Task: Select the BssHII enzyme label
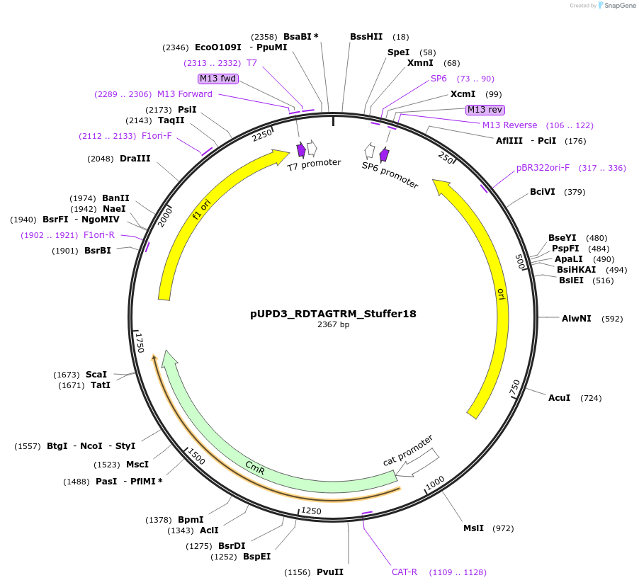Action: tap(366, 37)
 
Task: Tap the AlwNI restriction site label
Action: tap(576, 319)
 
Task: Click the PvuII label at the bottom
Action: tap(330, 572)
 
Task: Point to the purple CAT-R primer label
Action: tap(405, 572)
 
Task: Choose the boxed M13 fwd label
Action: tap(218, 79)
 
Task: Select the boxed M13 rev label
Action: tap(485, 109)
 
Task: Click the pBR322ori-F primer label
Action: tap(543, 168)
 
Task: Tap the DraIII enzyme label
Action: tap(135, 159)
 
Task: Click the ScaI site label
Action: tap(96, 374)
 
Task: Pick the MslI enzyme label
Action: tap(473, 528)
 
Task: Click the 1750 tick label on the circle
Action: tap(140, 343)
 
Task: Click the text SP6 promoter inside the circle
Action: tap(390, 175)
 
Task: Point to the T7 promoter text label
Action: tap(314, 164)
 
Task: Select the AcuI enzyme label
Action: tap(560, 398)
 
